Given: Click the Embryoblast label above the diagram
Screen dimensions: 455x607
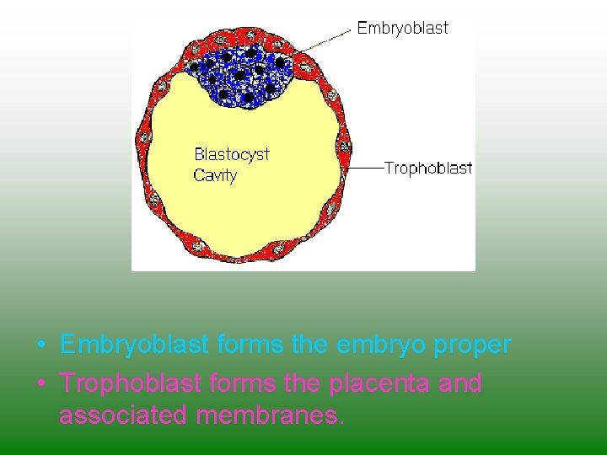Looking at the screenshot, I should pos(402,28).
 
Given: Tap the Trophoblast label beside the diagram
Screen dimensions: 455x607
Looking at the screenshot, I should pos(428,169).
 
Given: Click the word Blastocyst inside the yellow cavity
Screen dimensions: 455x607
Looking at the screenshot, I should pos(232,154).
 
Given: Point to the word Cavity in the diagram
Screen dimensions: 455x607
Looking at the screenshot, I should pos(215,175).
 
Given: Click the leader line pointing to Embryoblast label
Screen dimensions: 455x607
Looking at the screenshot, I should pos(325,40).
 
